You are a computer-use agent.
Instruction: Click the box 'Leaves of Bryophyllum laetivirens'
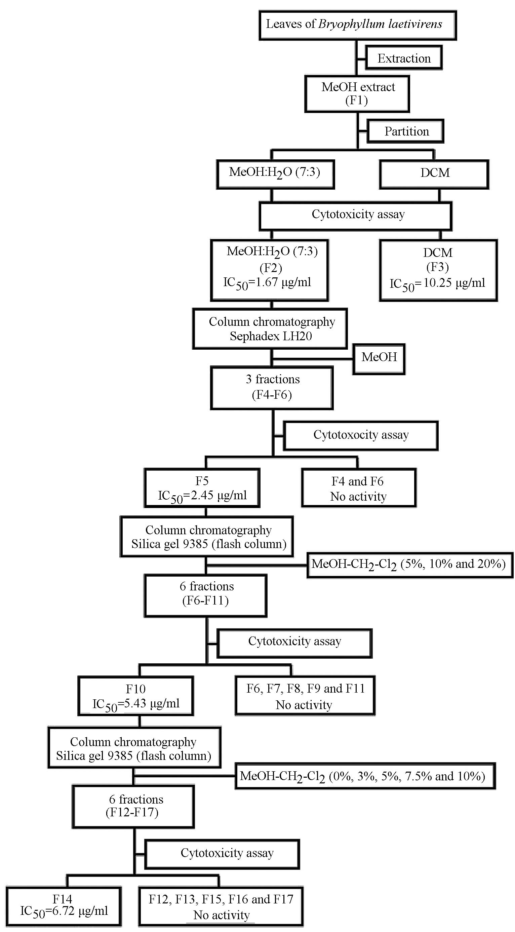358,25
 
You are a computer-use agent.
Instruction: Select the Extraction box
404,58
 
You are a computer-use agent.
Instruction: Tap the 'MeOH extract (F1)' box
357,94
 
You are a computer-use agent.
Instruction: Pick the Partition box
406,131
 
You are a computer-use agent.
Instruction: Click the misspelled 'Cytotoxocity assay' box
361,435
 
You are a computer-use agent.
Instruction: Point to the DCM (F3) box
438,270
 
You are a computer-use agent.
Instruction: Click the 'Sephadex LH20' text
271,336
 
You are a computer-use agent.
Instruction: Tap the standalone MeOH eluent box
379,358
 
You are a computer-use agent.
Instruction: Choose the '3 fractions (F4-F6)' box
272,387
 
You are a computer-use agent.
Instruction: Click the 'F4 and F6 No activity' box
358,488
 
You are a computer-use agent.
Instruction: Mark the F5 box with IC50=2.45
202,488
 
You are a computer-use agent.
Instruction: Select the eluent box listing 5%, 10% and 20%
410,565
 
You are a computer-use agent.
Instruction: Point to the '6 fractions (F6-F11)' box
205,595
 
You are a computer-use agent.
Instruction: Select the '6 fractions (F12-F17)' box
133,806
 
